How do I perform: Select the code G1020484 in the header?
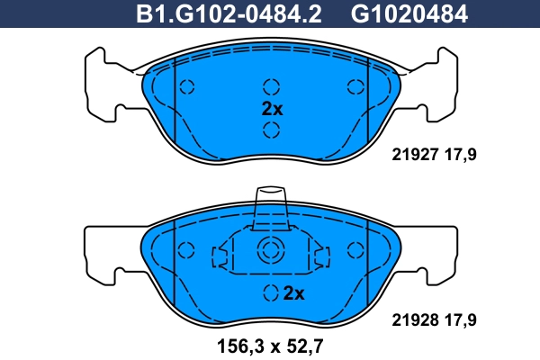[396, 14]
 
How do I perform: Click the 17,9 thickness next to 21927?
[461, 154]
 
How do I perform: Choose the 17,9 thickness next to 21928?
[461, 317]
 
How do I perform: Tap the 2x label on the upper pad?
[271, 110]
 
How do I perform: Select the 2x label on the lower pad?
[294, 292]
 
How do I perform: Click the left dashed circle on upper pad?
[187, 87]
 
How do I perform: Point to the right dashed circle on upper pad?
[354, 87]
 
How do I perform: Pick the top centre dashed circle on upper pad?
[271, 87]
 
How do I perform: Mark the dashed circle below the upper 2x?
[271, 130]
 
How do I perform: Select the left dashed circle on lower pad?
[187, 251]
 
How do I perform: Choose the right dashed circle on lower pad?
[354, 251]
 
